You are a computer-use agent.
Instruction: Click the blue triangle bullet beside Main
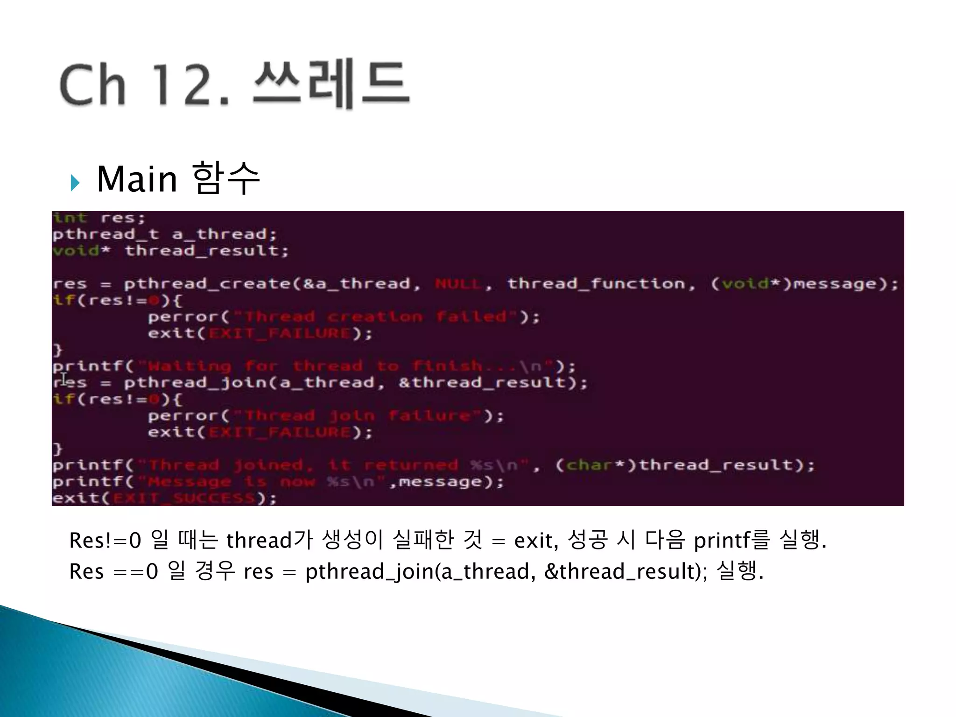tap(75, 183)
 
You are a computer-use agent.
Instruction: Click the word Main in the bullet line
tap(137, 179)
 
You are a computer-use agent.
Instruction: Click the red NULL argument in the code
tap(458, 284)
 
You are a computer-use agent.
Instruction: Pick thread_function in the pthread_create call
tap(596, 284)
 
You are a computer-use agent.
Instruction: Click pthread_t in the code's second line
tap(105, 234)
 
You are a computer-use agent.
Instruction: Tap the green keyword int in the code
tap(70, 218)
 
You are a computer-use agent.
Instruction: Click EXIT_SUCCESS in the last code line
tap(184, 498)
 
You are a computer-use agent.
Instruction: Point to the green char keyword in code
tap(589, 465)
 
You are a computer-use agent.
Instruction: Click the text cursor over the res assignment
tap(64, 379)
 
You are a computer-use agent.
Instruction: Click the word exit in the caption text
tap(535, 541)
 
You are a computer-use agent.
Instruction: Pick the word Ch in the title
tap(92, 85)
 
